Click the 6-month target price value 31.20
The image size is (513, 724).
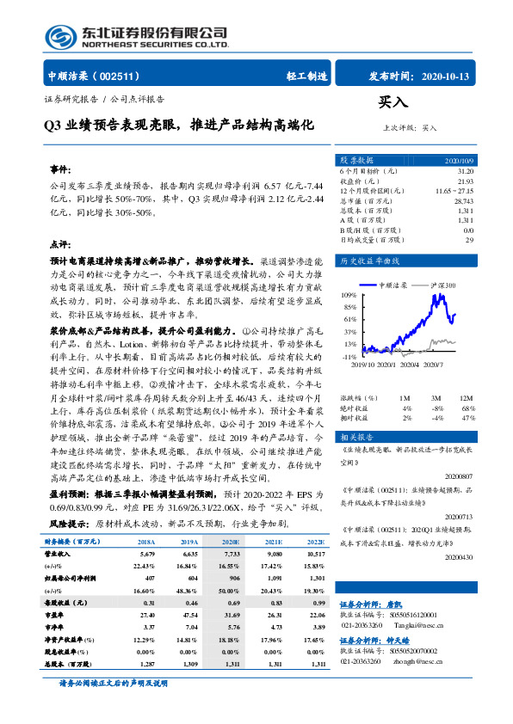tap(465, 171)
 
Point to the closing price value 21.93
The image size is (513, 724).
tap(465, 181)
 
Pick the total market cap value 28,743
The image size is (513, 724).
tap(463, 200)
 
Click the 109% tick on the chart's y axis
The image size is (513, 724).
tap(349, 294)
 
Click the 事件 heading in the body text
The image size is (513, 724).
tap(62, 169)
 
